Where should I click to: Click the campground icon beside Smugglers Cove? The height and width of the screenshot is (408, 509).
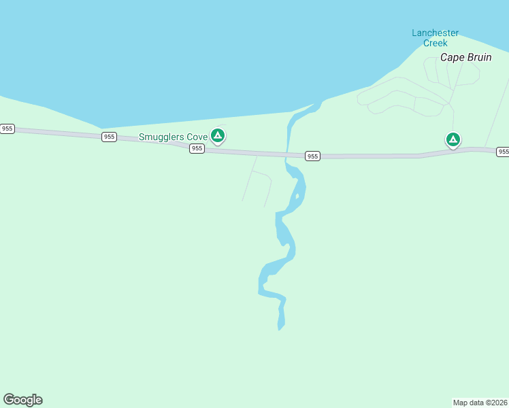click(218, 136)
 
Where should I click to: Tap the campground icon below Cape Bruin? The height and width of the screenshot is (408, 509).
click(453, 140)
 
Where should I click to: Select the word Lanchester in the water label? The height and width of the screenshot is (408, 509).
click(436, 33)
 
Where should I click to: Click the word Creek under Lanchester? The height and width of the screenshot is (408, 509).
click(436, 43)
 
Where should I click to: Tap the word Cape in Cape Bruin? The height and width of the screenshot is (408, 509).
click(452, 57)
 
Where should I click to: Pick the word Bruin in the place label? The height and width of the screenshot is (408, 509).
click(478, 57)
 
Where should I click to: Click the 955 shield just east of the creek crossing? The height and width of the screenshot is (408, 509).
click(312, 156)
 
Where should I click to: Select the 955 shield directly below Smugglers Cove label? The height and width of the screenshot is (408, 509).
click(197, 148)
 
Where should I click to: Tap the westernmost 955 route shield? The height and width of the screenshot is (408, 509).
click(7, 128)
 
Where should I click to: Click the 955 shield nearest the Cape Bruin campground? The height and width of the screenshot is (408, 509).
click(502, 151)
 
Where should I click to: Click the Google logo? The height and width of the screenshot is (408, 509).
click(22, 400)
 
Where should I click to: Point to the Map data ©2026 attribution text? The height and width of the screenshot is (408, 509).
click(480, 402)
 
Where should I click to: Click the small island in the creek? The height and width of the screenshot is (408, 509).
click(297, 197)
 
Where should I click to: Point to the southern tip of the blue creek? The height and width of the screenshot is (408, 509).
click(280, 329)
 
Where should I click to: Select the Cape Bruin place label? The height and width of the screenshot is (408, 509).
click(465, 57)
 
